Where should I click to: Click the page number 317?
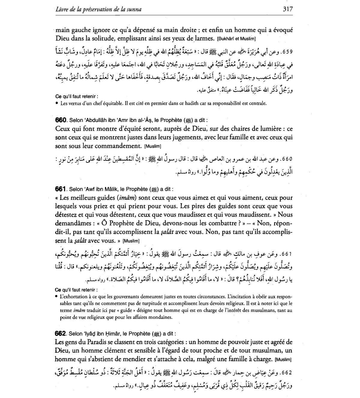(287, 9)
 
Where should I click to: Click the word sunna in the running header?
(134, 9)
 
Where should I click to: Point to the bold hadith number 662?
(60, 334)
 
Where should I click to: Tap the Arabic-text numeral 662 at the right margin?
(286, 373)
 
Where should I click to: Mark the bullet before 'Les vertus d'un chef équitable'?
(57, 104)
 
